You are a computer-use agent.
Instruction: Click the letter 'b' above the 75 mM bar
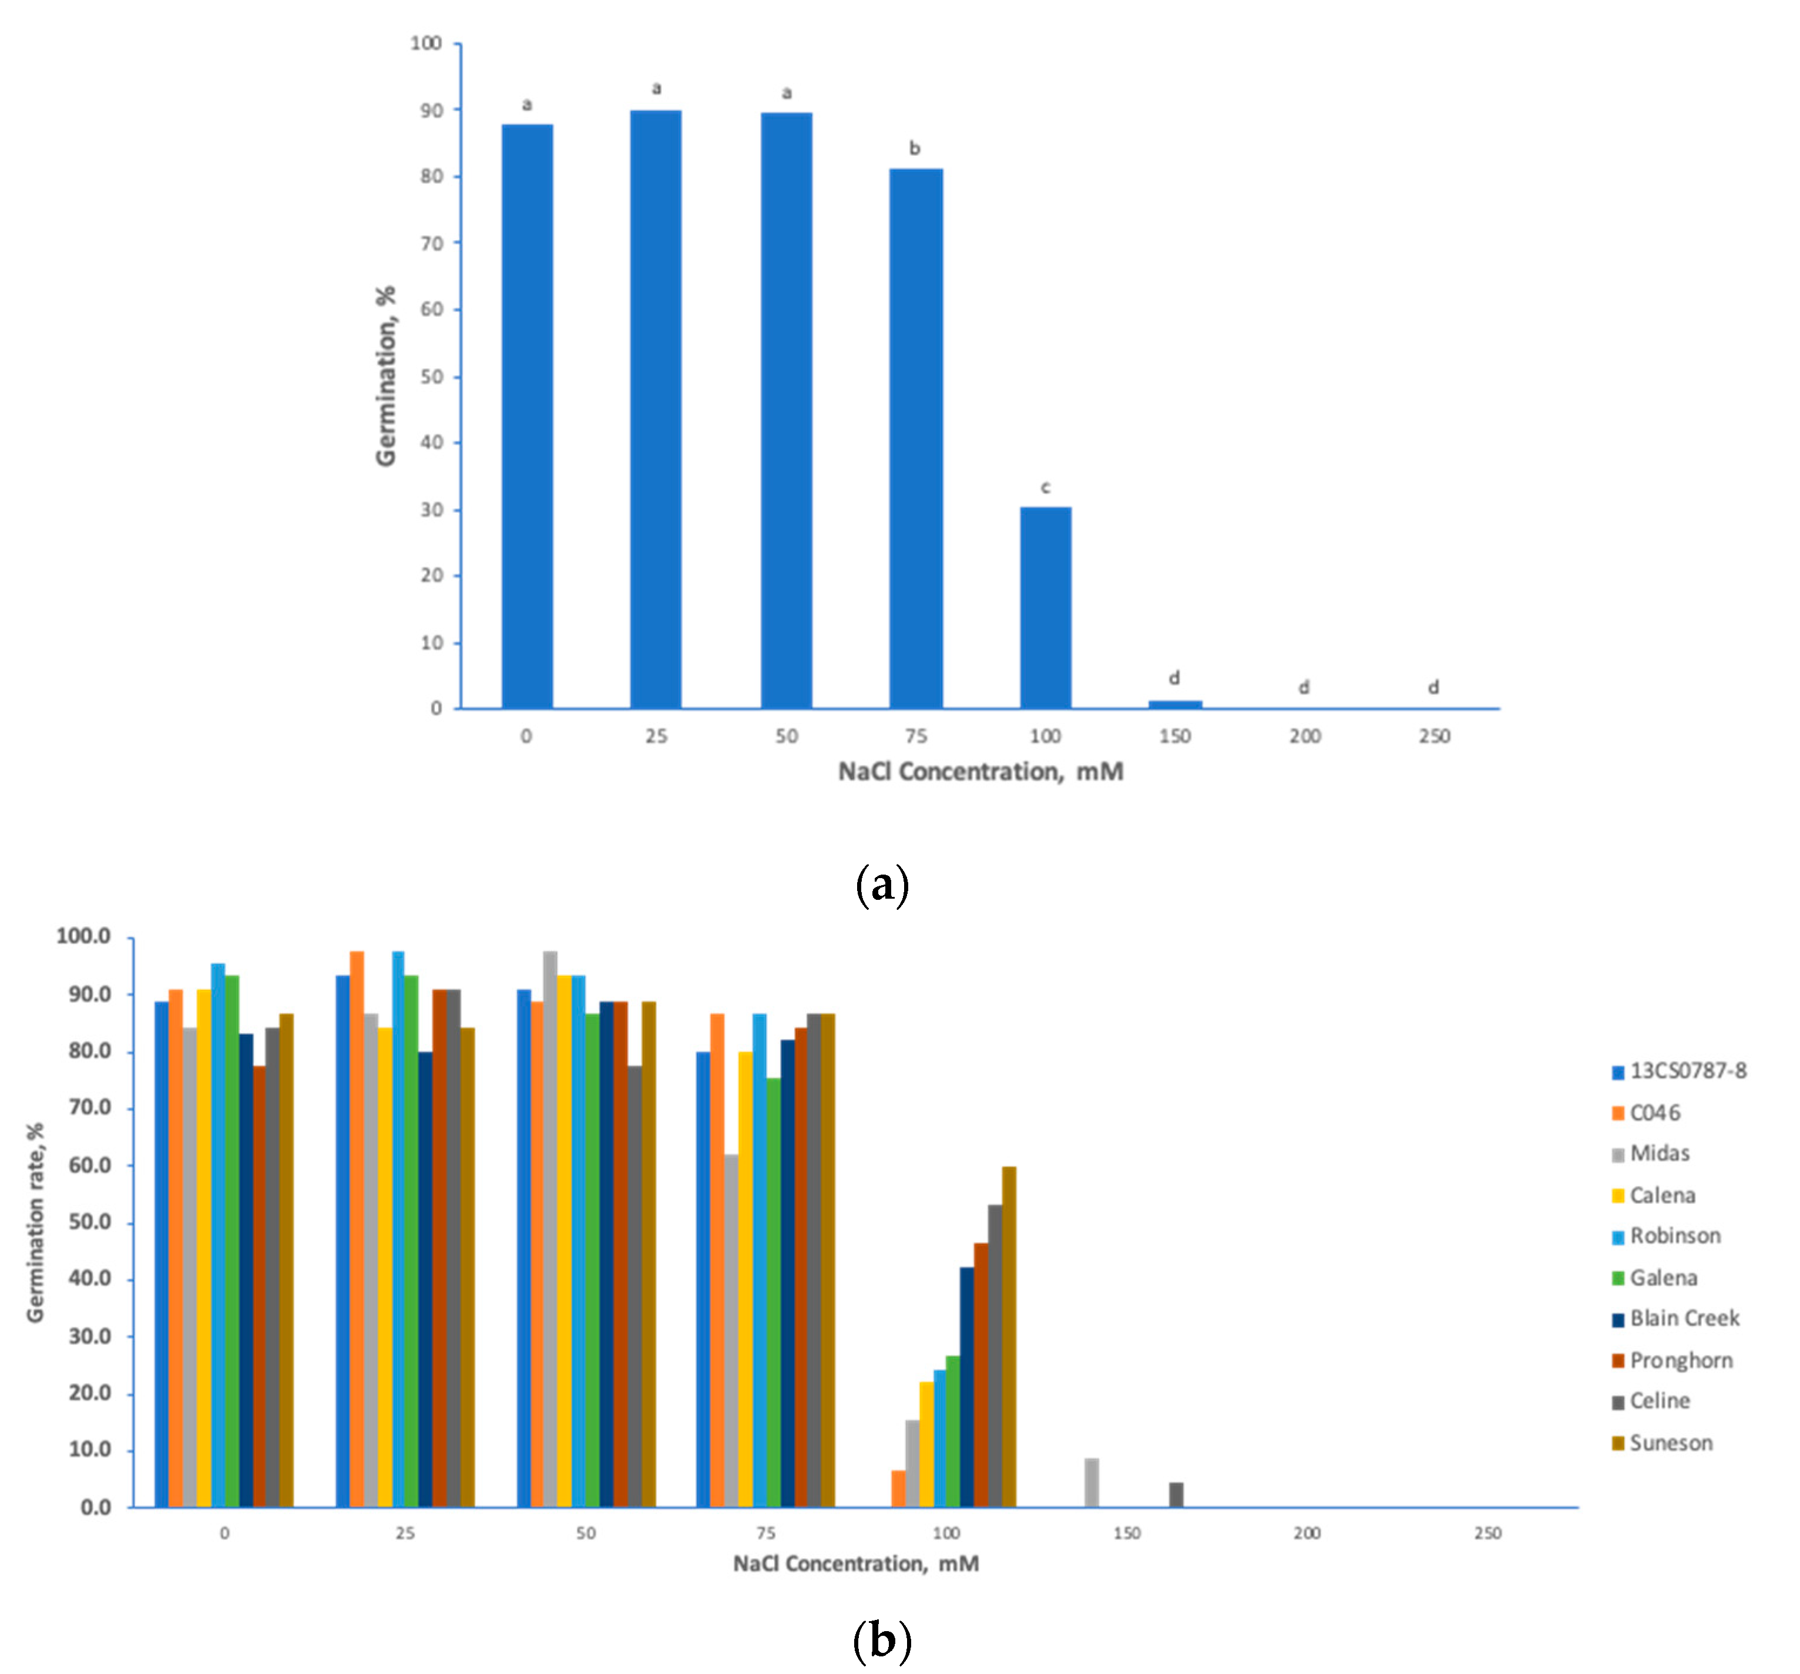pyautogui.click(x=915, y=149)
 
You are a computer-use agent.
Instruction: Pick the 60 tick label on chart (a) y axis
pyautogui.click(x=432, y=310)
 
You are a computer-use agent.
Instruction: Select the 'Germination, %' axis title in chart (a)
pyautogui.click(x=387, y=376)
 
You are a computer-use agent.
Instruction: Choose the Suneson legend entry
pyautogui.click(x=1671, y=1443)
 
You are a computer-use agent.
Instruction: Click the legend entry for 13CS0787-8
pyautogui.click(x=1687, y=1071)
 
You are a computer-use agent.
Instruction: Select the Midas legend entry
pyautogui.click(x=1659, y=1154)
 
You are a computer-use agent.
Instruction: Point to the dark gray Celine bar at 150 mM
pyautogui.click(x=1176, y=1495)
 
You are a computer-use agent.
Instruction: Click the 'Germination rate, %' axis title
pyautogui.click(x=35, y=1223)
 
